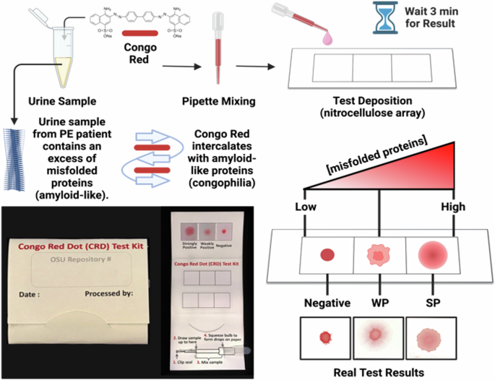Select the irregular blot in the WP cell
[379, 255]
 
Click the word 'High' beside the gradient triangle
[455, 207]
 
